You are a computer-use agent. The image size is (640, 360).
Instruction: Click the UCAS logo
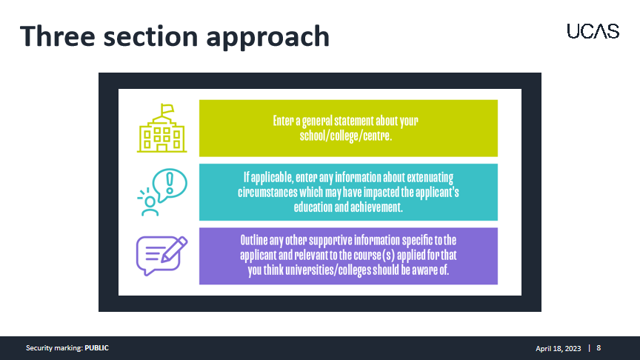[x=593, y=31]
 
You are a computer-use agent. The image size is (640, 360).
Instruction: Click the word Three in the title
[x=58, y=36]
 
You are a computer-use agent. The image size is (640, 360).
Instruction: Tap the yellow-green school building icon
[x=162, y=128]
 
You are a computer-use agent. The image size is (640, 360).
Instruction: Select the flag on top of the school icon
[x=167, y=109]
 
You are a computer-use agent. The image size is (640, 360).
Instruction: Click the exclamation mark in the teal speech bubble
[x=170, y=182]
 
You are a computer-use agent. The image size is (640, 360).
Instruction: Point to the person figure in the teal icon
[x=150, y=206]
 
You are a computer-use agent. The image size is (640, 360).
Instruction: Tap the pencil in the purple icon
[x=174, y=249]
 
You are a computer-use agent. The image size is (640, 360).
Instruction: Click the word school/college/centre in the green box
[x=346, y=136]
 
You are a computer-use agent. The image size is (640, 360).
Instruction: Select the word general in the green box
[x=317, y=121]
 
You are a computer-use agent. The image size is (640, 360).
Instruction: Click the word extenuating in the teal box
[x=430, y=178]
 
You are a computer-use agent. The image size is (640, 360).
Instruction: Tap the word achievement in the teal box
[x=376, y=207]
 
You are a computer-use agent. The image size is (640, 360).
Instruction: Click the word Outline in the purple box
[x=253, y=240]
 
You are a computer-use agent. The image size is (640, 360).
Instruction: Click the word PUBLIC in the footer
[x=97, y=348]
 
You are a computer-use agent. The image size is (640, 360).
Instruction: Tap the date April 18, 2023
[x=558, y=349]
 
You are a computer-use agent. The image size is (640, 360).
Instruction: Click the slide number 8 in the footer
[x=599, y=348]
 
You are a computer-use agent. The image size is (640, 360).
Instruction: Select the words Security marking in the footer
[x=54, y=348]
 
